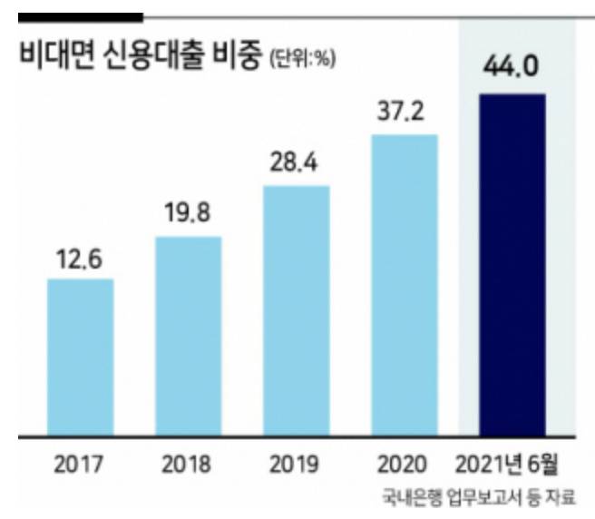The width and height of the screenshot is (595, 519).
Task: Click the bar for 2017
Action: (80, 356)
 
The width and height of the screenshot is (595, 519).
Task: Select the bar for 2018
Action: (189, 335)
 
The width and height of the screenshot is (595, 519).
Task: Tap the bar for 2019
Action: (297, 309)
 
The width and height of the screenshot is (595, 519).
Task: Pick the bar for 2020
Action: (405, 284)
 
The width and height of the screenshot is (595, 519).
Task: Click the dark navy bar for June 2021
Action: (512, 263)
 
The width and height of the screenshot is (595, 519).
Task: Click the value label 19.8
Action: (189, 219)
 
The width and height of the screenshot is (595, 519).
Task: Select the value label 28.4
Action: (297, 168)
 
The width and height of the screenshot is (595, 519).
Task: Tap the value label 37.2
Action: (405, 116)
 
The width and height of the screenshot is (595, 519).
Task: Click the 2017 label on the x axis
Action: (80, 465)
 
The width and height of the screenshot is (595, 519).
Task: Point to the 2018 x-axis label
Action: (188, 465)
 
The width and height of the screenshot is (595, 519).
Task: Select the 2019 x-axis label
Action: (296, 465)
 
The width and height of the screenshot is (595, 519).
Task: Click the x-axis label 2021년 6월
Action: (512, 465)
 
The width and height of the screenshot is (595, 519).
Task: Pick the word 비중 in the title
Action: (238, 55)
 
